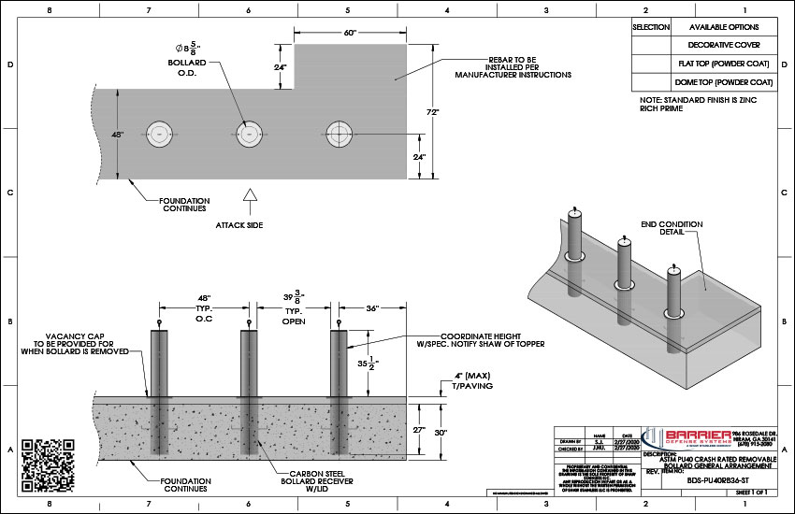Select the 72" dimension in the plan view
pyautogui.click(x=433, y=110)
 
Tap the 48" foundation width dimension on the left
pyautogui.click(x=117, y=135)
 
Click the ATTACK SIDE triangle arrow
pyautogui.click(x=250, y=195)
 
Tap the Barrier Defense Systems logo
pyautogui.click(x=698, y=436)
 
